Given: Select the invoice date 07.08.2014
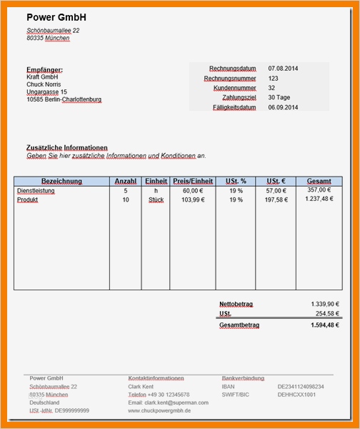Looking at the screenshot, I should tap(284, 68).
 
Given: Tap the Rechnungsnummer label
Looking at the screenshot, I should tap(230, 78).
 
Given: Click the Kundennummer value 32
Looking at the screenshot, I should tap(271, 88).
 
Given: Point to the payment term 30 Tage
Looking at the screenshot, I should tap(280, 97).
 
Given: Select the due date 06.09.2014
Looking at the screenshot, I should tap(284, 107).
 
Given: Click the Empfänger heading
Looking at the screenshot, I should tap(44, 69).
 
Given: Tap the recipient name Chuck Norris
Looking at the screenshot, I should tap(45, 84).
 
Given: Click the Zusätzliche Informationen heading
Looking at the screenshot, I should tap(67, 147).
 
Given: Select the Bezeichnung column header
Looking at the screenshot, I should tap(61, 182).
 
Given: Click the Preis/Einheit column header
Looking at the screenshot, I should tap(192, 182).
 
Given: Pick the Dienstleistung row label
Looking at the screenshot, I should tap(36, 191).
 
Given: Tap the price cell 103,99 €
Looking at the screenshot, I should tap(192, 200).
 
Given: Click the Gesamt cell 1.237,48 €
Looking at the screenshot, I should tap(319, 199).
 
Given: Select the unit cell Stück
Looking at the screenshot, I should tap(156, 200).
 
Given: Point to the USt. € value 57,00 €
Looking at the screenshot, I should tap(276, 191).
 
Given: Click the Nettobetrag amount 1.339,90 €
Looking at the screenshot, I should tap(325, 304).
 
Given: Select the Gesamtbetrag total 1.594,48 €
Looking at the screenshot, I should tap(325, 325).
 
